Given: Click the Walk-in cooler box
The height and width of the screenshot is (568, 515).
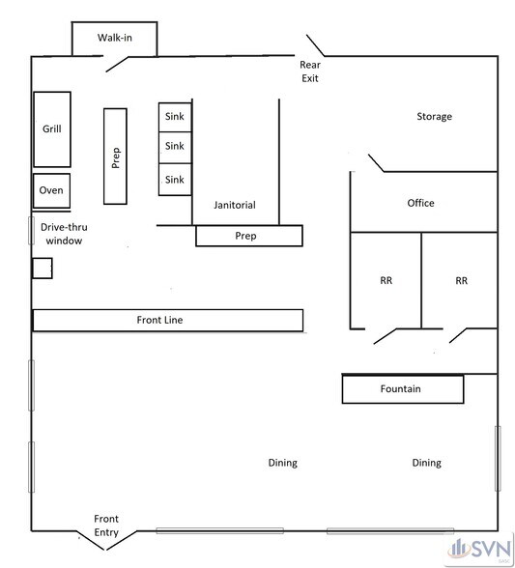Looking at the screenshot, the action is click(115, 39).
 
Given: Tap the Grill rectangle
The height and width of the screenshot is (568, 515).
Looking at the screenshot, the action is click(52, 129).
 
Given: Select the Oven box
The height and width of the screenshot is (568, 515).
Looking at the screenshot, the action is click(51, 190).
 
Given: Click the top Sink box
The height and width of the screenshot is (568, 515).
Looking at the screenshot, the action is click(175, 117).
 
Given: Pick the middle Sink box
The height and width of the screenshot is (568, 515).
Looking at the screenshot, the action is click(175, 148).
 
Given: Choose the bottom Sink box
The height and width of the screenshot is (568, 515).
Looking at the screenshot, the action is click(175, 180).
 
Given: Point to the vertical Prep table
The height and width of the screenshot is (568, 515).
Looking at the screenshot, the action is click(115, 156).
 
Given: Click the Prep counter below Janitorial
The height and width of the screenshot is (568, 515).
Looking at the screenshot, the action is click(249, 236).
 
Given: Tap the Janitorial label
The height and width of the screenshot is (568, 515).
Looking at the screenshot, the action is click(235, 205).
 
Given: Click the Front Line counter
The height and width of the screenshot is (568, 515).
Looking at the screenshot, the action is click(168, 321).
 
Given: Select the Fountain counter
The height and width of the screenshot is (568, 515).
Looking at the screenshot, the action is click(403, 389).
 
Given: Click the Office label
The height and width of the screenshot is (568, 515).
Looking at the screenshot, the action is click(420, 203).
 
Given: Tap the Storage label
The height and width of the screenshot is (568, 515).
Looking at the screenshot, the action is click(434, 116).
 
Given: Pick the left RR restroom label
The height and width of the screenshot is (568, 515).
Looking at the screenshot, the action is click(386, 280).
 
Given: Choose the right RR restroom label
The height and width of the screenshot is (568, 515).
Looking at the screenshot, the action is click(461, 280).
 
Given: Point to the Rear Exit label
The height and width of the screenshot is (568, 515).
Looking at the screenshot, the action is click(310, 71).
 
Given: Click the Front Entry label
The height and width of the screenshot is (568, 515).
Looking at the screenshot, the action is click(106, 525).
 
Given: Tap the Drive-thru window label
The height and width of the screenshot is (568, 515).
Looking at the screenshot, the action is click(64, 234).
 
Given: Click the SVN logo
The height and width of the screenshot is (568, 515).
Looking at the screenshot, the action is click(479, 550).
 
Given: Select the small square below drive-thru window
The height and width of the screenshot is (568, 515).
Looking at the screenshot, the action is click(43, 269).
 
